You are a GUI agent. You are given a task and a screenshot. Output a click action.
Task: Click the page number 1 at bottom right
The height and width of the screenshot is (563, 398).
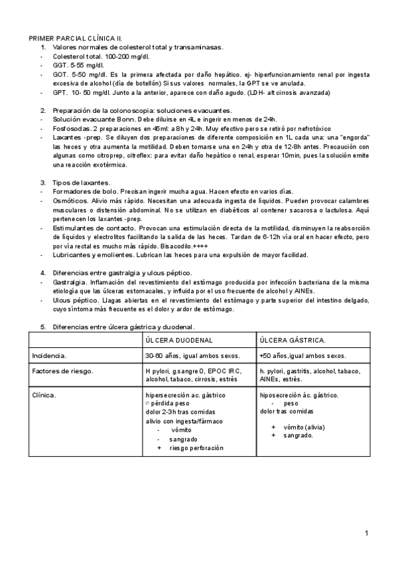tap(366, 533)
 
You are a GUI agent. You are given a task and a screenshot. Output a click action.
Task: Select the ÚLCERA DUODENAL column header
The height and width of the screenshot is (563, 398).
tap(179, 340)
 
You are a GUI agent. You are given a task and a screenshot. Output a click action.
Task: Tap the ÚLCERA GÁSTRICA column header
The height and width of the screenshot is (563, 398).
tap(293, 340)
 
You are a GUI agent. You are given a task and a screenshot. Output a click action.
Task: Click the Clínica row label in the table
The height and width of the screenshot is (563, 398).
tap(44, 395)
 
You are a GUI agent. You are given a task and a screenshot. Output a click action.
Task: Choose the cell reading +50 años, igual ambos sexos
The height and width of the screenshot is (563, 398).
tap(302, 356)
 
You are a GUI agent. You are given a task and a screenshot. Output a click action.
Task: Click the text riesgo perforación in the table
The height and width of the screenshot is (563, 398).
tap(196, 448)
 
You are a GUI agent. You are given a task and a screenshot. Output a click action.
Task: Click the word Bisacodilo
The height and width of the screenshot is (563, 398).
tap(174, 246)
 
